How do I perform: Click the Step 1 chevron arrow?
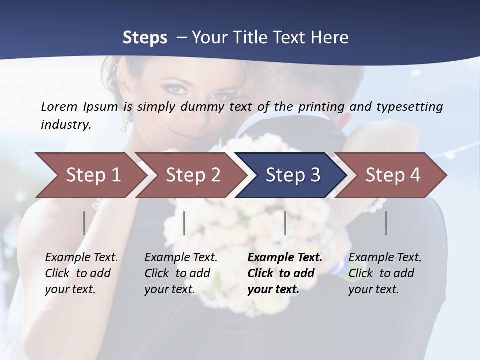click(90, 175)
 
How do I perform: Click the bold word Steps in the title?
click(145, 37)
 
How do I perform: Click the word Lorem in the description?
click(59, 106)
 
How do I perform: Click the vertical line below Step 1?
click(84, 223)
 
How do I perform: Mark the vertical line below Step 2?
click(184, 223)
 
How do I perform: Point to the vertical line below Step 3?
click(285, 223)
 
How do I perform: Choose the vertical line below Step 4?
click(386, 223)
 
